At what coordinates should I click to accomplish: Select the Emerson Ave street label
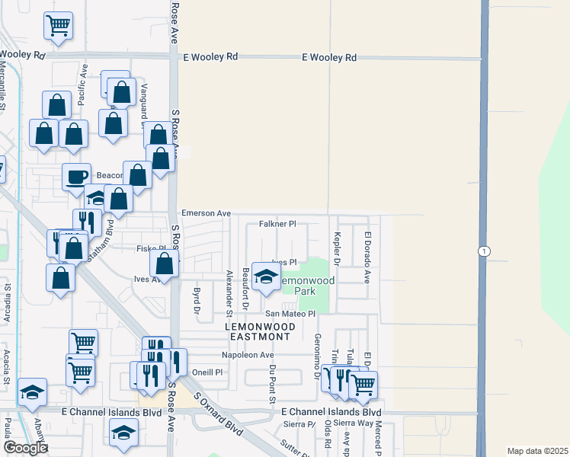(205, 214)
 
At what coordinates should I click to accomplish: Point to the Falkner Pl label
(277, 224)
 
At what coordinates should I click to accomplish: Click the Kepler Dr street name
(336, 248)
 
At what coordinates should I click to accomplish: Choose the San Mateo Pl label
(290, 314)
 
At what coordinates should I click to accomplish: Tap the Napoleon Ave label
(247, 355)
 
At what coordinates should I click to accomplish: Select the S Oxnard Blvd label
(218, 415)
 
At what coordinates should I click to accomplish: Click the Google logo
(25, 448)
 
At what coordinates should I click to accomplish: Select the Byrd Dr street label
(197, 299)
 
